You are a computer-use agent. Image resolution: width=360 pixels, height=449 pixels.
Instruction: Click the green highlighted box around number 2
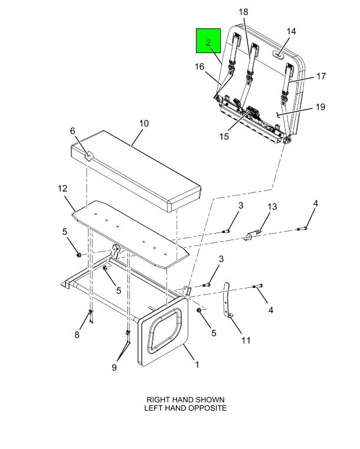[208, 41]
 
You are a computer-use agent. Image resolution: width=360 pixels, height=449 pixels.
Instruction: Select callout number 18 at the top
[243, 12]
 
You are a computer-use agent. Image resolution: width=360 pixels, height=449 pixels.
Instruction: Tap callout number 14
[292, 31]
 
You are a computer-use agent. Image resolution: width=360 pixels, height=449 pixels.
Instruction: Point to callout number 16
[199, 67]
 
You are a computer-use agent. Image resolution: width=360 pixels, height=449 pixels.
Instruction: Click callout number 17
[321, 76]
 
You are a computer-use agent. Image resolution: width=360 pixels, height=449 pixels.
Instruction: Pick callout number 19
[320, 107]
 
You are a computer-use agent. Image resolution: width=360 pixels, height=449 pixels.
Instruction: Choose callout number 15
[224, 137]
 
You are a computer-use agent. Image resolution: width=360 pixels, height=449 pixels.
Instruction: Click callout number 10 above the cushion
[144, 123]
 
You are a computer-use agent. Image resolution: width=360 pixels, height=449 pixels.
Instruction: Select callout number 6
[73, 131]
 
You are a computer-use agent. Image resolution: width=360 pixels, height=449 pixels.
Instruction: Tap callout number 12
[63, 188]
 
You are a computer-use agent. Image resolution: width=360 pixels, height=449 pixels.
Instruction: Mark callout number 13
[273, 207]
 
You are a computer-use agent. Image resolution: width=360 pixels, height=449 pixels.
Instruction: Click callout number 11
[246, 340]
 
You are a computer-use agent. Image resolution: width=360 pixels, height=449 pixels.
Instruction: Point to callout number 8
[77, 335]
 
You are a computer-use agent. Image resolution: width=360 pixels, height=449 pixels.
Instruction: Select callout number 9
[114, 368]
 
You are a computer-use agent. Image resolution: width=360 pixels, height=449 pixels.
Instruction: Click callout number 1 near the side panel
[197, 365]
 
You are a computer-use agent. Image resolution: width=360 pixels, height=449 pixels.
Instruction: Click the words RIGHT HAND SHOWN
[185, 400]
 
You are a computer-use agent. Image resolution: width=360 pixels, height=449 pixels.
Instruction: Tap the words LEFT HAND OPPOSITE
[185, 408]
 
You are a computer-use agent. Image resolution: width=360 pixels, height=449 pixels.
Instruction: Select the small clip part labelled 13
[251, 235]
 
